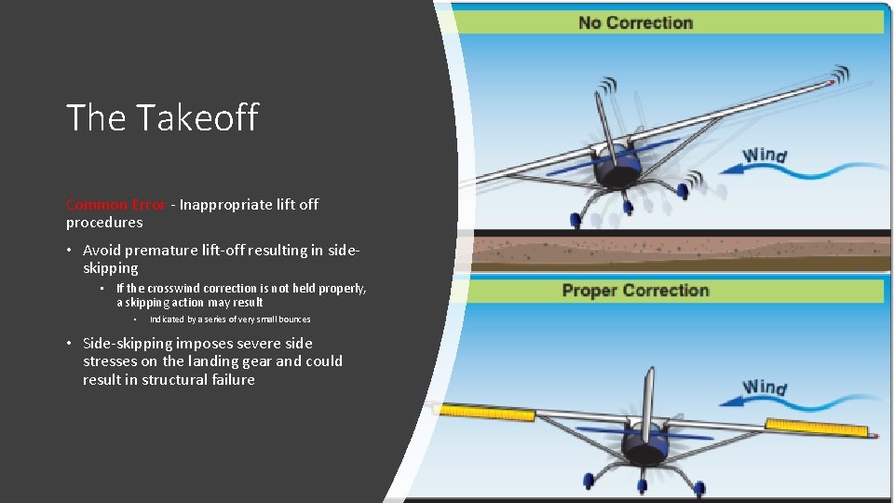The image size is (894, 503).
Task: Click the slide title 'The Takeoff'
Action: click(x=162, y=117)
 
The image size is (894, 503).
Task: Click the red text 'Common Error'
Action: click(x=115, y=204)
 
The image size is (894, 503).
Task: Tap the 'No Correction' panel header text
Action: click(x=635, y=22)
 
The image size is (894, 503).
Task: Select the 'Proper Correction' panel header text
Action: click(x=635, y=291)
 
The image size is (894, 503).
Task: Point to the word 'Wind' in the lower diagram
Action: click(x=765, y=387)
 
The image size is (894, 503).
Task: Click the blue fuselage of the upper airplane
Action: click(x=618, y=167)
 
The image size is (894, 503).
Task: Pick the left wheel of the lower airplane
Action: click(x=589, y=481)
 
